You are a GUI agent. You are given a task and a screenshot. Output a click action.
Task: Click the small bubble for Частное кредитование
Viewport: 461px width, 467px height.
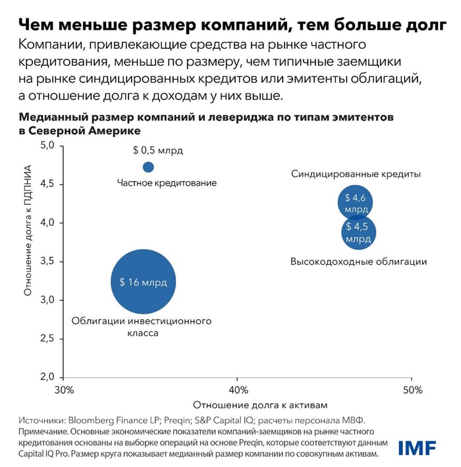[148, 167]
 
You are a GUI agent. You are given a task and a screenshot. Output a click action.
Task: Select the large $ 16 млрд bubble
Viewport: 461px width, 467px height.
[143, 282]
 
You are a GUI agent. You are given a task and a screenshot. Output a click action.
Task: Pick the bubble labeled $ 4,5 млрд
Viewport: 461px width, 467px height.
[358, 231]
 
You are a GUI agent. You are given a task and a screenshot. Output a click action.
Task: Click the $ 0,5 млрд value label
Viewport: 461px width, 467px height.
[156, 150]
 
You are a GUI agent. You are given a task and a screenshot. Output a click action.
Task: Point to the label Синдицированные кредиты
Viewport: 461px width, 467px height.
[356, 175]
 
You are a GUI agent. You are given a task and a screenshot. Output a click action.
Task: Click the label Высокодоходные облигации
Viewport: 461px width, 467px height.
[358, 261]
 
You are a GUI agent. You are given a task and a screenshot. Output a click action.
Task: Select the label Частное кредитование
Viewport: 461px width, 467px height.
[167, 182]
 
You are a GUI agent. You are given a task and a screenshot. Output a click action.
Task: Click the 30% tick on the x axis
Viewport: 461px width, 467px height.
[63, 390]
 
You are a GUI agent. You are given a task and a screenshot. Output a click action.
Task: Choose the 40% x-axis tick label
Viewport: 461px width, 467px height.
[238, 390]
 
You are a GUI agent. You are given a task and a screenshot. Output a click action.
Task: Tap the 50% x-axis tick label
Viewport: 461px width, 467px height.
[412, 390]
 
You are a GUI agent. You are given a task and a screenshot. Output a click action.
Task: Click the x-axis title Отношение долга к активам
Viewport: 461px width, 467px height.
[260, 404]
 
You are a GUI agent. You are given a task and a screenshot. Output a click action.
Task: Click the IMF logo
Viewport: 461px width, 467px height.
[416, 448]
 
